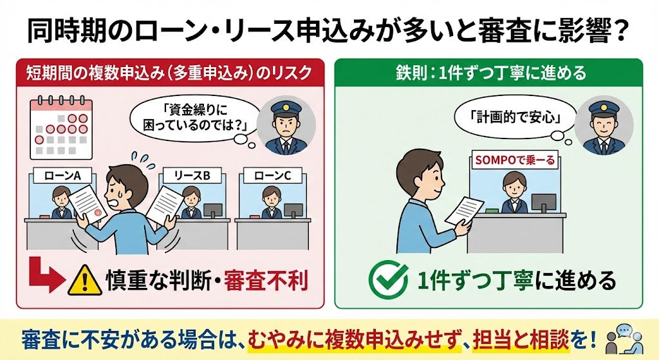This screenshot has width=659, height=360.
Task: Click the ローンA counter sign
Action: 62,175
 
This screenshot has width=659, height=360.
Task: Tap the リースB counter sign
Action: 192,175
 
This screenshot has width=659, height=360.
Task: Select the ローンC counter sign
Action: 272,175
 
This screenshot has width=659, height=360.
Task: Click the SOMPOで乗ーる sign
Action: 514,160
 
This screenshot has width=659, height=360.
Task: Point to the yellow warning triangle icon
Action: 85,280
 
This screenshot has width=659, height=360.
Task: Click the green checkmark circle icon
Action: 388,279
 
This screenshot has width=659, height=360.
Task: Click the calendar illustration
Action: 61,128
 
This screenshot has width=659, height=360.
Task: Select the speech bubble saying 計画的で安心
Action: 516,118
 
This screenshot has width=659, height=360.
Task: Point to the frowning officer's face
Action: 286,124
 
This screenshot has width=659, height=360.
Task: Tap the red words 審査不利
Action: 266,280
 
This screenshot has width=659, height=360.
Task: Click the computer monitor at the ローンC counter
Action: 293,210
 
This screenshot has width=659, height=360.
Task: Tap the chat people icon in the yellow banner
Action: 624,339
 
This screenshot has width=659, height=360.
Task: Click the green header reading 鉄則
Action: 488,72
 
